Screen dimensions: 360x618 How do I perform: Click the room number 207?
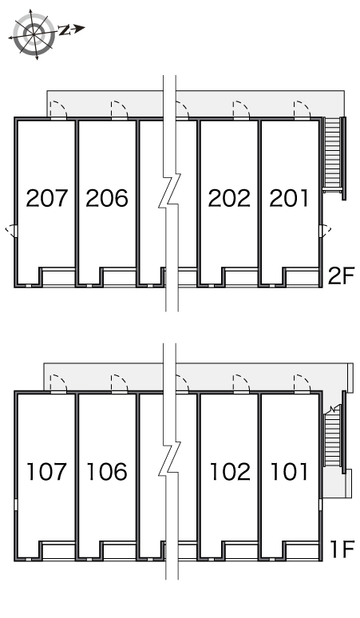[47, 198]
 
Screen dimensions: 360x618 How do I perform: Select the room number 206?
[107, 198]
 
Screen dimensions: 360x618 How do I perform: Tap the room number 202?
[229, 198]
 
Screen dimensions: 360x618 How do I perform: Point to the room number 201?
[289, 198]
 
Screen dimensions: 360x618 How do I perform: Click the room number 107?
[46, 471]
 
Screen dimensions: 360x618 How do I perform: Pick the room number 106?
[107, 471]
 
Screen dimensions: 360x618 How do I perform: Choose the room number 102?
[230, 471]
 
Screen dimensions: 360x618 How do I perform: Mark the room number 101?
[289, 471]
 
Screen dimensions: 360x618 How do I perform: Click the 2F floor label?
[342, 275]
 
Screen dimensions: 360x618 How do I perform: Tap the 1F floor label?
[342, 549]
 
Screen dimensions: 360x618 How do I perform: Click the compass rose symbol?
[34, 34]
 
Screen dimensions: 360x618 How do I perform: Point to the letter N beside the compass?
[64, 30]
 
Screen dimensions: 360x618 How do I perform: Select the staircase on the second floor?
[334, 156]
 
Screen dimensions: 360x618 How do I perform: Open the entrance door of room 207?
[59, 110]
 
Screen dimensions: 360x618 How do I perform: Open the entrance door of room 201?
[302, 110]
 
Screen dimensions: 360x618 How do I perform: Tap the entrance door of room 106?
[120, 383]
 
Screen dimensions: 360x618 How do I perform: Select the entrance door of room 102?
[241, 383]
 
